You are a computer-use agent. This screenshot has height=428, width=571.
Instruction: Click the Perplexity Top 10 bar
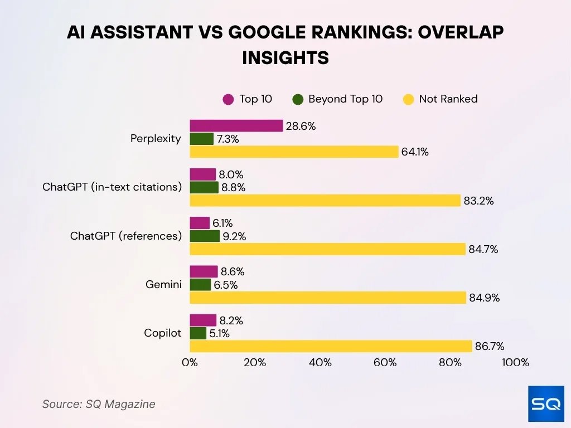pyautogui.click(x=236, y=126)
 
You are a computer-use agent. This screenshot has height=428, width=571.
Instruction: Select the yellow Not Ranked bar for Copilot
pyautogui.click(x=331, y=346)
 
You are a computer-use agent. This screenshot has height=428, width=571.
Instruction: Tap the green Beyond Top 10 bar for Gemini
pyautogui.click(x=201, y=285)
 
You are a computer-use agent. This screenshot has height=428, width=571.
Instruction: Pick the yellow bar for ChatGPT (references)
pyautogui.click(x=327, y=249)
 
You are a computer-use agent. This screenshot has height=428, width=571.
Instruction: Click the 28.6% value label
pyautogui.click(x=301, y=127)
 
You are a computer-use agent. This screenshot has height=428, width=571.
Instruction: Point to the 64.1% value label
pyautogui.click(x=414, y=152)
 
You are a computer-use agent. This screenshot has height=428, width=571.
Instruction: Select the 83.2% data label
pyautogui.click(x=478, y=201)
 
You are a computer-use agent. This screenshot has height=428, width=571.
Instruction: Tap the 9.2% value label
pyautogui.click(x=234, y=236)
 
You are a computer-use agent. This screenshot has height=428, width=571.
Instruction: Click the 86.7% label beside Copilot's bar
pyautogui.click(x=489, y=347)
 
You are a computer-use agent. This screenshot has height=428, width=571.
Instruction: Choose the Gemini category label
pyautogui.click(x=163, y=285)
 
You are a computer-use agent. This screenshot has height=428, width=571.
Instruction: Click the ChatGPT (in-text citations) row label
pyautogui.click(x=112, y=187)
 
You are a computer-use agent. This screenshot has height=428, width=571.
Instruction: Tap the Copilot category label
pyautogui.click(x=163, y=333)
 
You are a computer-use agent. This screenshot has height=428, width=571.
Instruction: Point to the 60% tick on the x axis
pyautogui.click(x=385, y=363)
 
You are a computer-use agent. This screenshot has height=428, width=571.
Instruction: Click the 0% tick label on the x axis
pyautogui.click(x=190, y=363)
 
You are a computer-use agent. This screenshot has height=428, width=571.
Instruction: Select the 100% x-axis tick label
pyautogui.click(x=515, y=363)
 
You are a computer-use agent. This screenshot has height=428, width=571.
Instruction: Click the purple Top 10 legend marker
pyautogui.click(x=228, y=99)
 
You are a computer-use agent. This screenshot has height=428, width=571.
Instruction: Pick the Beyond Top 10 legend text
pyautogui.click(x=345, y=99)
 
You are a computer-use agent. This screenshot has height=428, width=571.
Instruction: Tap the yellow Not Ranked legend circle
pyautogui.click(x=408, y=99)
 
